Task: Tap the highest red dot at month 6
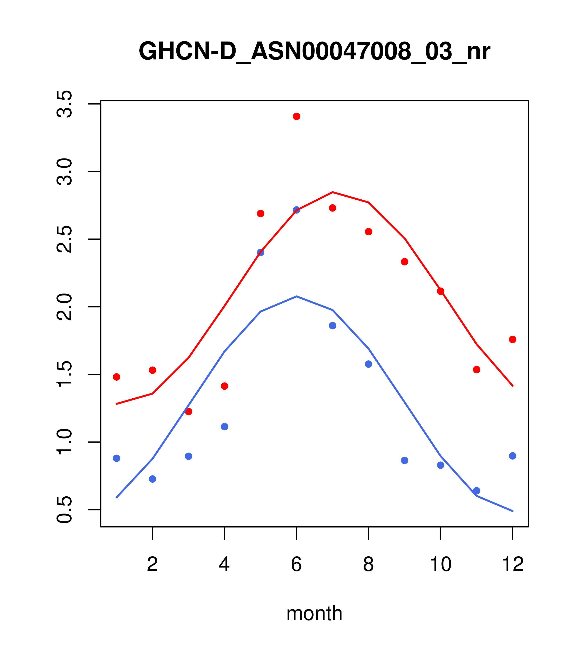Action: pos(297,116)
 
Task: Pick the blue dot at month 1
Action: pos(116,458)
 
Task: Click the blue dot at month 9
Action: pos(404,460)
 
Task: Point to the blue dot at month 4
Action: pos(224,426)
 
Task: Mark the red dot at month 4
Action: pos(224,386)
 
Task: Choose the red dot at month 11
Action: pos(477,370)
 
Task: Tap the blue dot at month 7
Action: pos(333,326)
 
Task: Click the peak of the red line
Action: pos(333,192)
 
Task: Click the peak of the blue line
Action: pos(297,296)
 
